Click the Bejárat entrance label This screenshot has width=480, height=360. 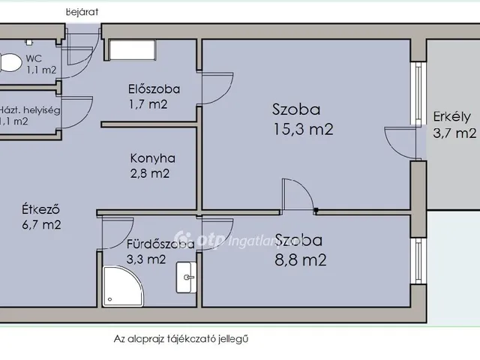(82, 12)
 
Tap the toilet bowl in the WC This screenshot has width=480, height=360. (8, 63)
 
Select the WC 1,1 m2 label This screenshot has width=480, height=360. (40, 64)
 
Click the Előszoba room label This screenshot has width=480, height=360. (154, 89)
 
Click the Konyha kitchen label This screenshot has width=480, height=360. (152, 158)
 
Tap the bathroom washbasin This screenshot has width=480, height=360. (185, 277)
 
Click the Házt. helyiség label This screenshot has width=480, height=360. (30, 109)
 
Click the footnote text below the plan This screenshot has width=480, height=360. (181, 338)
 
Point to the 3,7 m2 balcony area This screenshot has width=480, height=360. (454, 133)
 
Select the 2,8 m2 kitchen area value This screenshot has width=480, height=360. (150, 174)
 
